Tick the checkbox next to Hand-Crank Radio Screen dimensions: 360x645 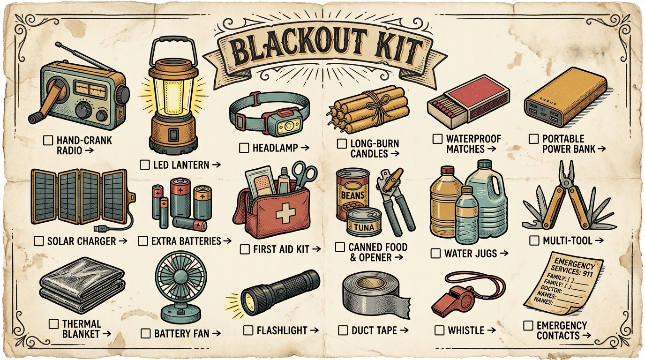click(47, 140)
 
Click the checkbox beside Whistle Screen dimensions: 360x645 click(439, 330)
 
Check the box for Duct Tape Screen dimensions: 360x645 click(343, 330)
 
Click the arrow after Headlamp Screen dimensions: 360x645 click(304, 148)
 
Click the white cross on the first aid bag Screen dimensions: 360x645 click(284, 214)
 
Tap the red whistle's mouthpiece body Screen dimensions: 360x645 click(452, 300)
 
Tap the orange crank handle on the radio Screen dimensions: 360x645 click(45, 101)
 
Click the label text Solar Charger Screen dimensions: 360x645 click(81, 241)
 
